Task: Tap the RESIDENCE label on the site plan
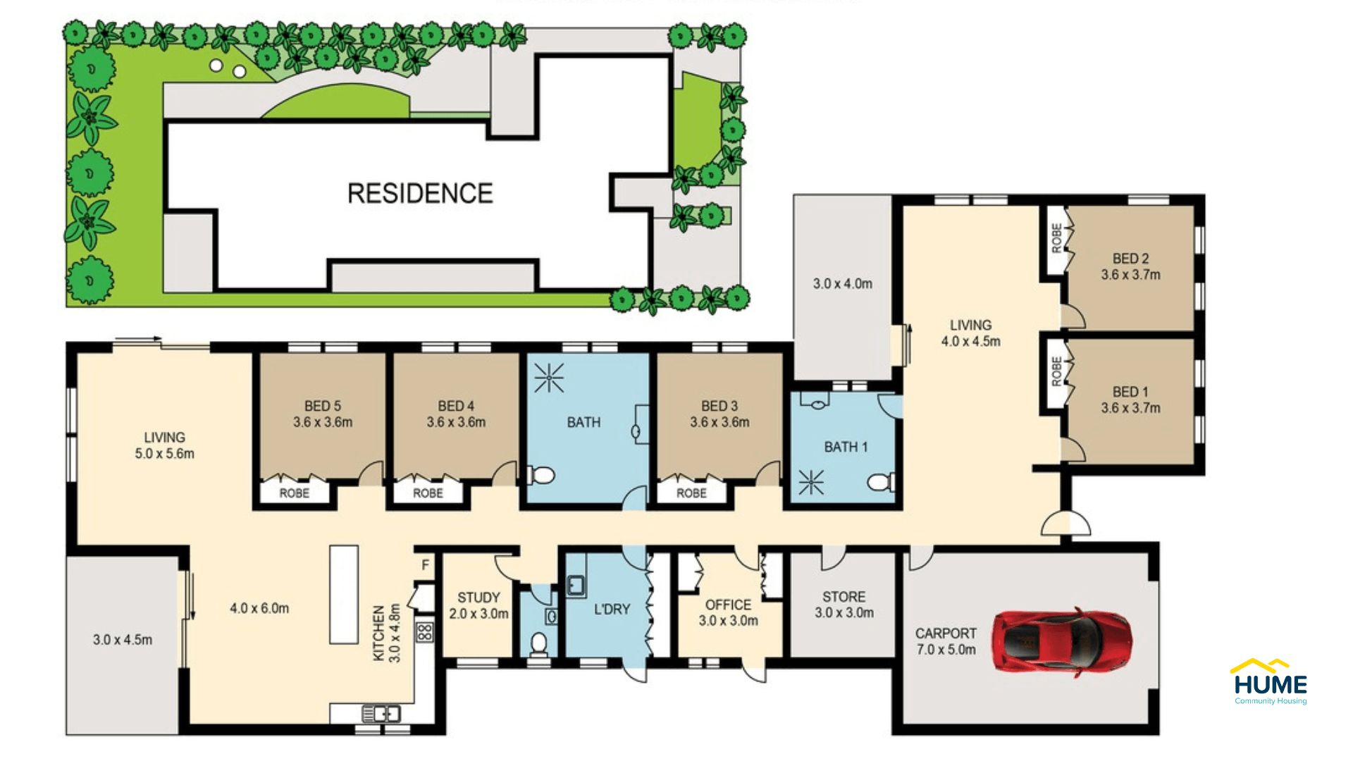(420, 193)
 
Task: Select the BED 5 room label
(323, 414)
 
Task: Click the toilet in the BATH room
(541, 476)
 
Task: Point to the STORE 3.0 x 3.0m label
(844, 605)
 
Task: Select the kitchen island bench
(344, 594)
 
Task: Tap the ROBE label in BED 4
(428, 493)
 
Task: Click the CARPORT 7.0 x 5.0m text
(946, 641)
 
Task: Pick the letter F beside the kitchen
(426, 565)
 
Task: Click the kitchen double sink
(381, 714)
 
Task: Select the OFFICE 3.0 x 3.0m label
(728, 612)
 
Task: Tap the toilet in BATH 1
(879, 483)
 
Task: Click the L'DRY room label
(611, 609)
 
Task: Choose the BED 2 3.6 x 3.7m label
(1130, 266)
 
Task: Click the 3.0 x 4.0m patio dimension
(842, 284)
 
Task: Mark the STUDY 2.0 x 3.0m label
(478, 605)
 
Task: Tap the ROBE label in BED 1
(1056, 371)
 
